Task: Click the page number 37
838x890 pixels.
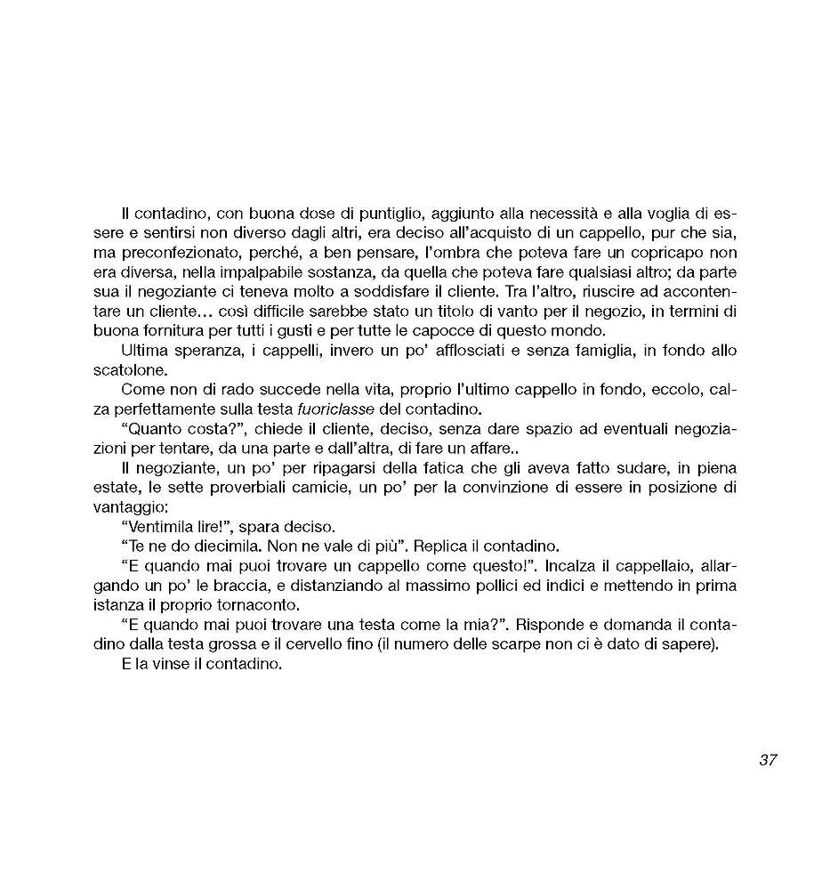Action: tap(769, 760)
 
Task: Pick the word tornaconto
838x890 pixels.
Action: tap(259, 604)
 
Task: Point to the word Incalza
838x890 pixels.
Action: tap(546, 565)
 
